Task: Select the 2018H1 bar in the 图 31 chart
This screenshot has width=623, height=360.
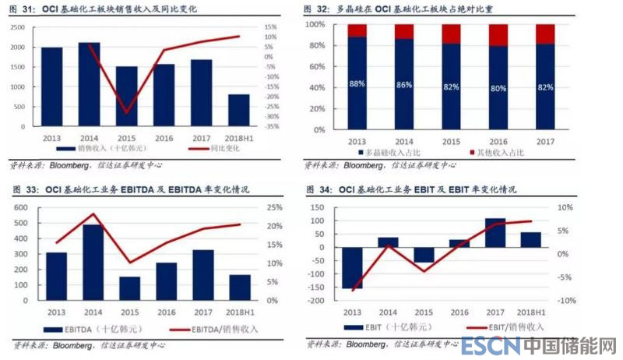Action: (x=239, y=111)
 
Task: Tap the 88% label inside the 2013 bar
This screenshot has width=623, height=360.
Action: (x=357, y=83)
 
